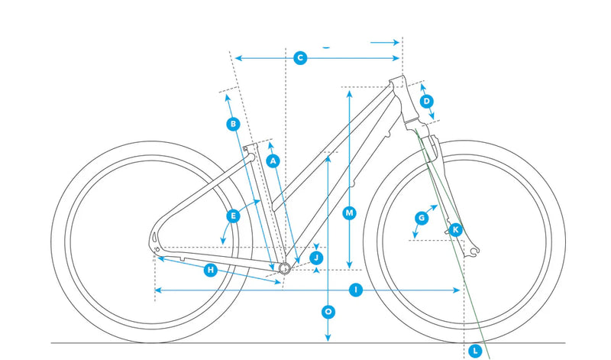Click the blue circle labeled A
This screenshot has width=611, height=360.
click(273, 161)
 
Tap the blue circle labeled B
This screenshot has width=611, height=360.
click(233, 124)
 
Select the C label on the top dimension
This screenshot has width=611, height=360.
click(300, 58)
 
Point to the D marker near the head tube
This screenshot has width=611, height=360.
click(427, 102)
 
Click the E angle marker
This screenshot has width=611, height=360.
click(233, 216)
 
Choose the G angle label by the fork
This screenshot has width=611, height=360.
click(422, 218)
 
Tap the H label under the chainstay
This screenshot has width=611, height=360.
click(211, 270)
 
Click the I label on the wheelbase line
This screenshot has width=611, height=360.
click(355, 290)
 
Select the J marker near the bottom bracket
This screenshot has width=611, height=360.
click(316, 258)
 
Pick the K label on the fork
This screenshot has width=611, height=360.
click(455, 230)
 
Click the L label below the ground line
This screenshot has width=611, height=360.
click(475, 351)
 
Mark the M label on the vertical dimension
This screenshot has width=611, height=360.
click(349, 213)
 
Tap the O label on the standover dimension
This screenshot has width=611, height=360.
click(328, 312)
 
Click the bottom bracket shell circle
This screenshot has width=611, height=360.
click(285, 268)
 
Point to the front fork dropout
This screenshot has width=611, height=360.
click(474, 251)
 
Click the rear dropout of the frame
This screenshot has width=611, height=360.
click(155, 245)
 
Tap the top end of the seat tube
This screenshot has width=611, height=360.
click(250, 147)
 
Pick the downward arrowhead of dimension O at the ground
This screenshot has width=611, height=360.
click(328, 338)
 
